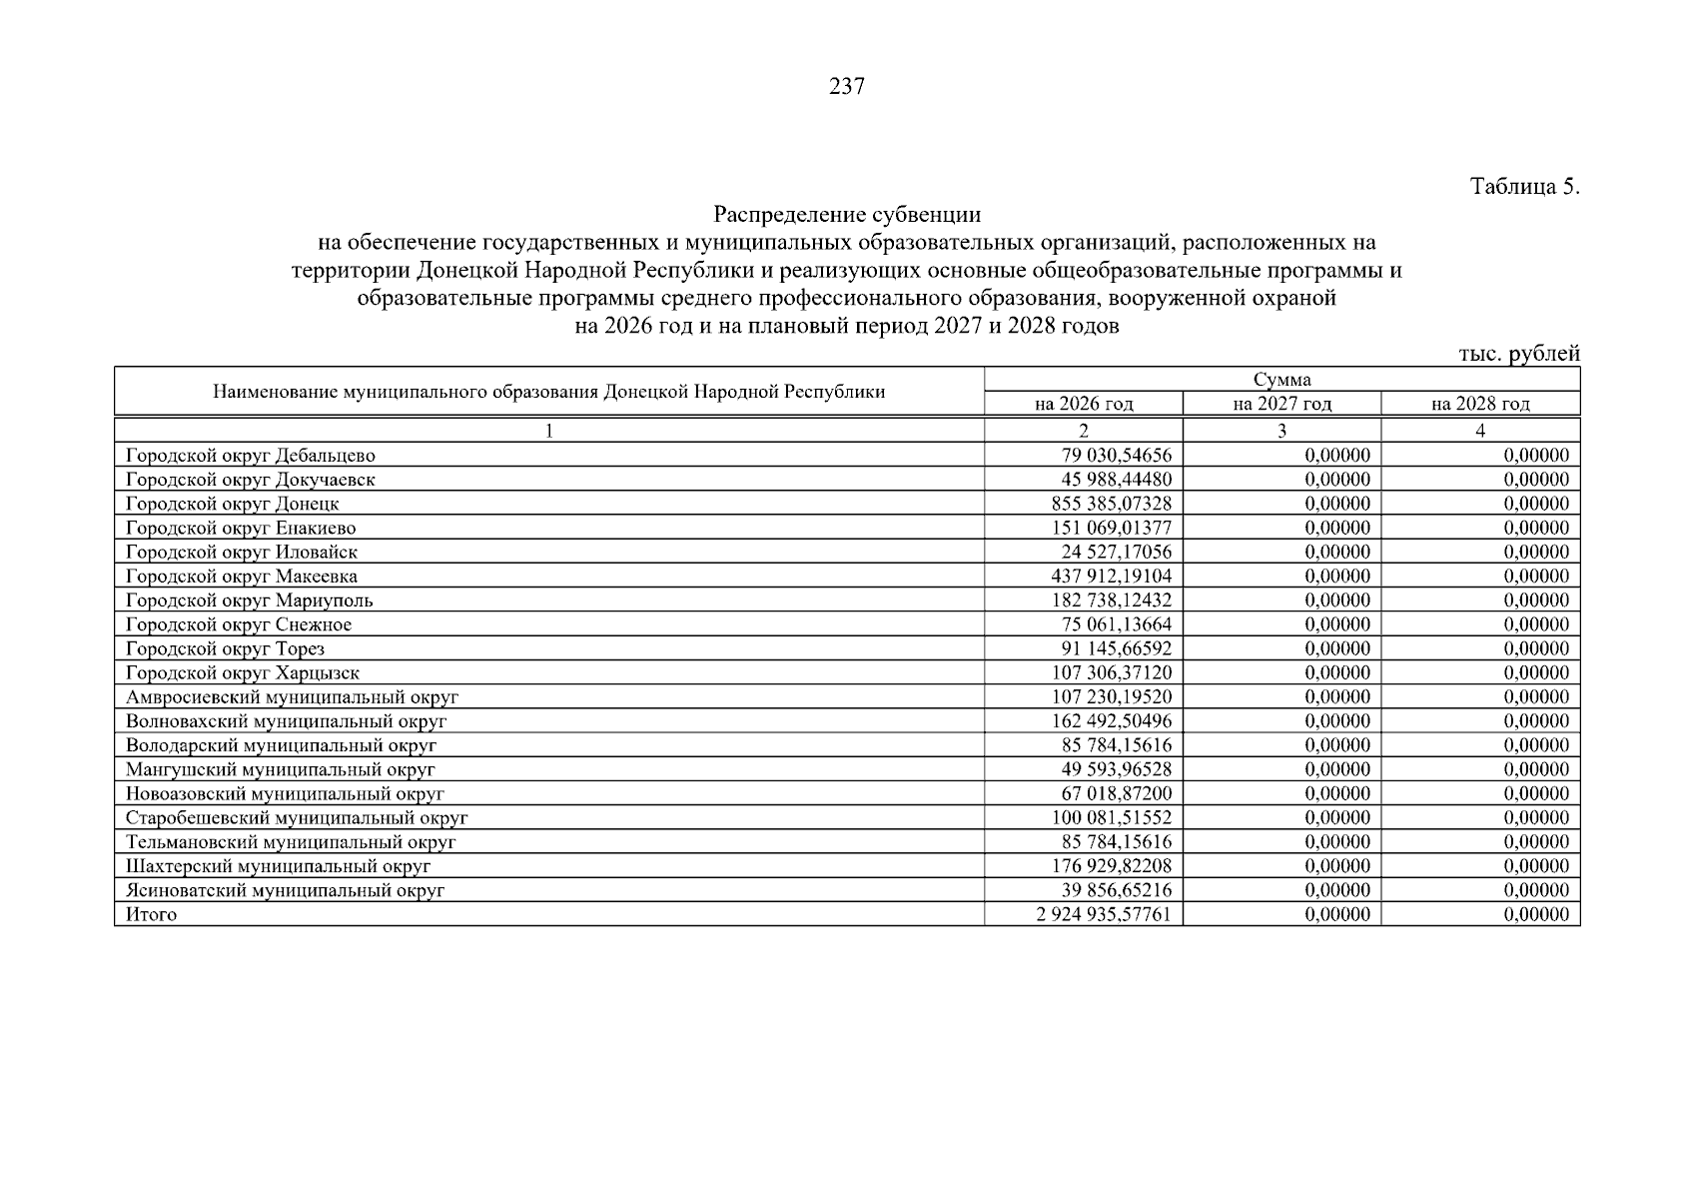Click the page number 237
[x=846, y=87]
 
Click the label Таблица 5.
[x=1524, y=187]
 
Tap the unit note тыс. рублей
[x=1518, y=354]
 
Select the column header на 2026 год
[x=1084, y=404]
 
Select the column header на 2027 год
[x=1281, y=404]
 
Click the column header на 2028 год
[x=1480, y=404]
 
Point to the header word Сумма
[x=1281, y=380]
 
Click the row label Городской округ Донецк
[x=233, y=504]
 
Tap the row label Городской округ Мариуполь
[x=250, y=600]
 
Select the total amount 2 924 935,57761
[x=1104, y=914]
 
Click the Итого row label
[x=151, y=914]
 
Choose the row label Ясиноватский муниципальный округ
[x=285, y=890]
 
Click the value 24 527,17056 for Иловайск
[x=1116, y=552]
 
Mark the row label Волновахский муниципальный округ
[x=286, y=721]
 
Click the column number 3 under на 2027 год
[x=1281, y=431]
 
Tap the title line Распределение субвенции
[x=846, y=215]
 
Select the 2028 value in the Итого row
[x=1535, y=914]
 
